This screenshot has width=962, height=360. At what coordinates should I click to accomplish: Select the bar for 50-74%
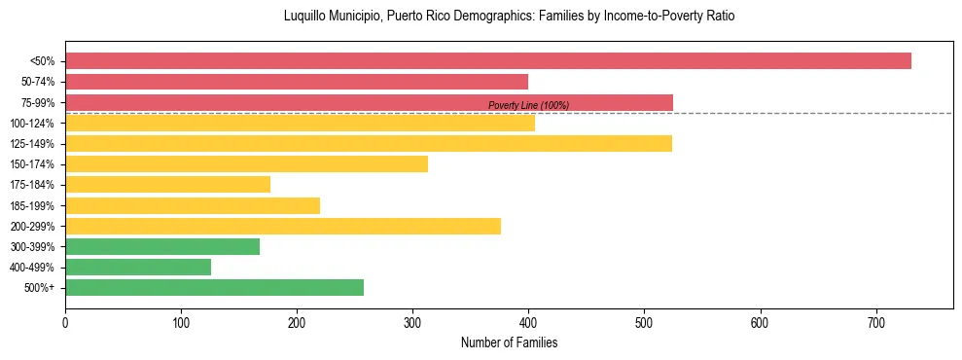tap(297, 82)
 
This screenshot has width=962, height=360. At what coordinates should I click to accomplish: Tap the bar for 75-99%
tap(369, 102)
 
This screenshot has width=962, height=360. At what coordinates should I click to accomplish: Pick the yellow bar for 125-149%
tap(369, 144)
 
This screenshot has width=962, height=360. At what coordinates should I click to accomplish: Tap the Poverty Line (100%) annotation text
tap(528, 105)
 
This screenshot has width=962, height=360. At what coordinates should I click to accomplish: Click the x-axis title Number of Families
tap(509, 342)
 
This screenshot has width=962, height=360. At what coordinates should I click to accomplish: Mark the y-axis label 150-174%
tap(32, 164)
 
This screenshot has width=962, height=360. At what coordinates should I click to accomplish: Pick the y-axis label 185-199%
tap(32, 205)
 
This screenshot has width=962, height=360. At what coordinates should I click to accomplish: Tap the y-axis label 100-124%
tap(32, 124)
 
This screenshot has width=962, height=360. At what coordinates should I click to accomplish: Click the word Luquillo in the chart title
tap(305, 17)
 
